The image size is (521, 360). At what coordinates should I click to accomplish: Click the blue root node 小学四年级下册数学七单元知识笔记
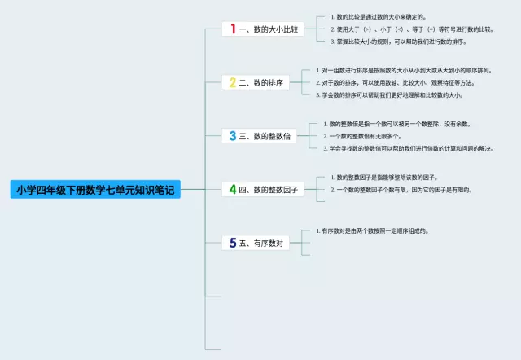coord(95,190)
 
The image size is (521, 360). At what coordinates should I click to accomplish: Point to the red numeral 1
coord(233,29)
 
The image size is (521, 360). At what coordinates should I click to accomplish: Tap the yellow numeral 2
coord(233,82)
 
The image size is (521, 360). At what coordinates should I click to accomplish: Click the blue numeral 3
coord(233,136)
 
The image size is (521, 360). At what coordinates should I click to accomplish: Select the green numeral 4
coord(233,189)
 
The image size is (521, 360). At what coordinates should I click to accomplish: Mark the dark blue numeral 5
coord(233,243)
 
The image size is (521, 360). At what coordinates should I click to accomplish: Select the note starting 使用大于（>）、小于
coord(415,29)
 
